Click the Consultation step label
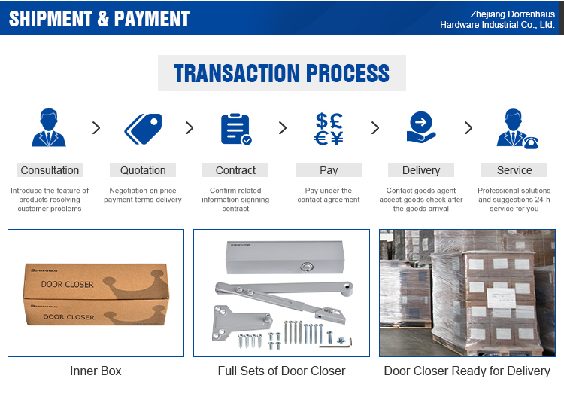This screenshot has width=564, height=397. point(50,170)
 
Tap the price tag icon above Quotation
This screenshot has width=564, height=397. point(143,129)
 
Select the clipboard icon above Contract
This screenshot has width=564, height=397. point(236,129)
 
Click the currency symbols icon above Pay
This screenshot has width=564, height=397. point(329,129)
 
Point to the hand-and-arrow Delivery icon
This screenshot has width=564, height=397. point(421,127)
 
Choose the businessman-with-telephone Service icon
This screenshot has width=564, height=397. point(517,129)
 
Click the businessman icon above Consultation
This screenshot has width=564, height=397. point(49,127)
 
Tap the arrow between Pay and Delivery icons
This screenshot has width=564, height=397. point(375,127)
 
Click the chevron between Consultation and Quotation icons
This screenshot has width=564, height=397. point(96,127)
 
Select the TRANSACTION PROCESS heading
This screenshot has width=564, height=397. point(282,73)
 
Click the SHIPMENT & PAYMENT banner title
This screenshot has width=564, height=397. point(99,19)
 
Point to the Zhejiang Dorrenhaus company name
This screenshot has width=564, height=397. point(497,20)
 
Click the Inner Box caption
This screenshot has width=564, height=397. point(96,371)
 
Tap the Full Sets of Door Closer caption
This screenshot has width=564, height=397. point(281,371)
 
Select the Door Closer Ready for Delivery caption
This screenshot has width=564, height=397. point(467,371)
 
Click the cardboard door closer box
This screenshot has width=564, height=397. point(96,295)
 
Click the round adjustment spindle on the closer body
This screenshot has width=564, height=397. point(307,267)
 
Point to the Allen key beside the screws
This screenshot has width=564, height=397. point(335,344)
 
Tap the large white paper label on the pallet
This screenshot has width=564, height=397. point(501,298)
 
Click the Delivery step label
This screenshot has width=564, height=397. point(421,170)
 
